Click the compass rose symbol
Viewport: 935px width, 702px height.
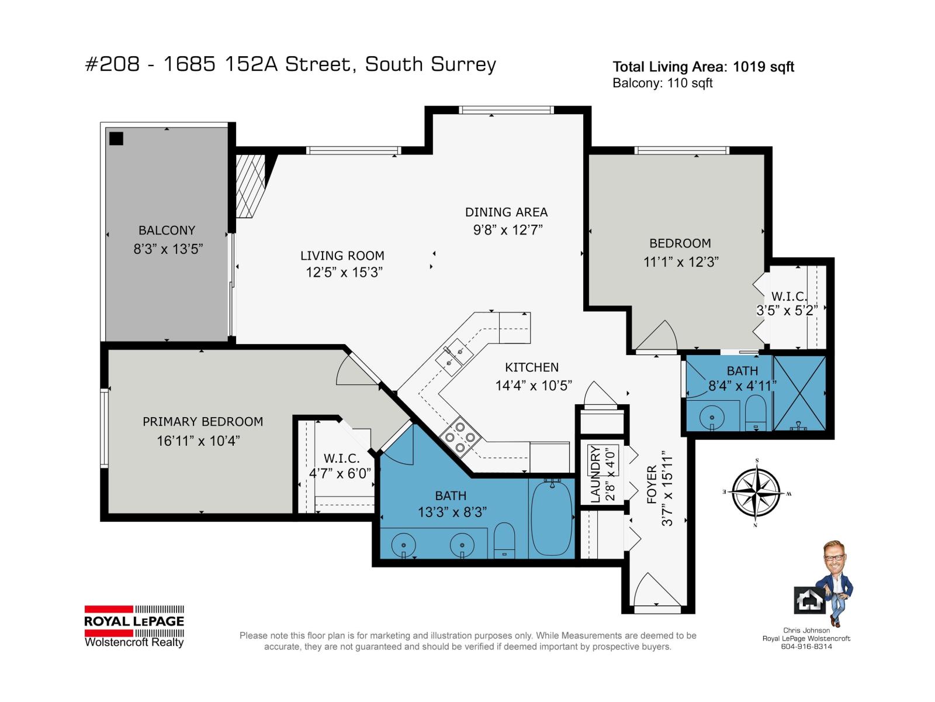[756, 493]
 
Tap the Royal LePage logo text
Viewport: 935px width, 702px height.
[134, 621]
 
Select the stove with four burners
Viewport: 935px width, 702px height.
[460, 438]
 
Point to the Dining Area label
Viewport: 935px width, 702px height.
[506, 212]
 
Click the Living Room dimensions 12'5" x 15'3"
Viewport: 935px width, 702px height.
[344, 272]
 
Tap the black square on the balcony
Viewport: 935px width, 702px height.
[116, 139]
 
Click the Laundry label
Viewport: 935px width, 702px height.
[595, 474]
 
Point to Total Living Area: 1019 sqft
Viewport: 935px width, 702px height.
[703, 67]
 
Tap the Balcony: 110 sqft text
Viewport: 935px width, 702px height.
[662, 83]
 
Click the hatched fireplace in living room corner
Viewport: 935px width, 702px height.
[250, 185]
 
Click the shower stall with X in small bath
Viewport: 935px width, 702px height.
[799, 393]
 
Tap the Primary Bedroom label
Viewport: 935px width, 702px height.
[203, 422]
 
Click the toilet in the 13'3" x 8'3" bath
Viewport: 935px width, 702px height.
[504, 541]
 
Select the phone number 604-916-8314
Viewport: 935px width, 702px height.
[806, 646]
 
